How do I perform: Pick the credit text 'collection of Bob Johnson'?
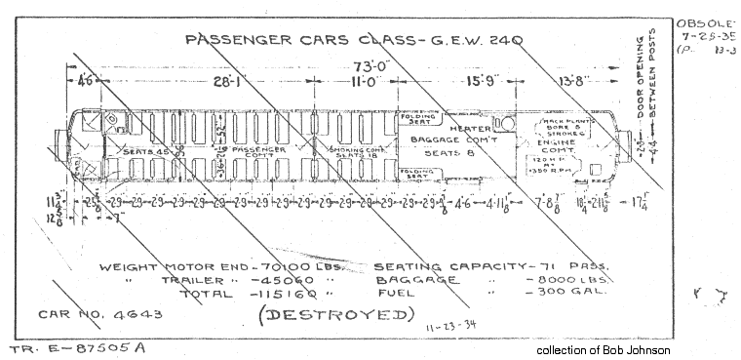(x=604, y=349)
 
